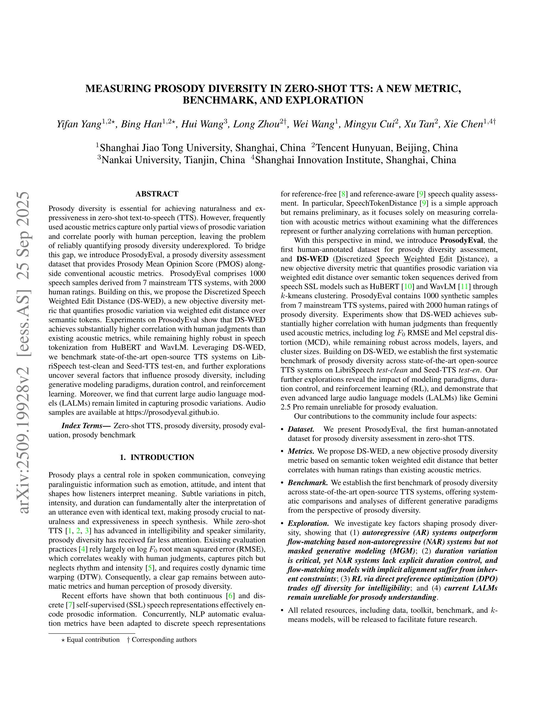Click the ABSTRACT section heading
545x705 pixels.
(x=157, y=194)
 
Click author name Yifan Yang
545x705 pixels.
(x=79, y=124)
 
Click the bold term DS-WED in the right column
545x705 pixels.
(x=312, y=259)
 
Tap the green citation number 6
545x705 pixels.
(x=231, y=596)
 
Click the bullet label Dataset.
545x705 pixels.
(x=301, y=429)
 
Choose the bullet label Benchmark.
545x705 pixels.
(x=308, y=483)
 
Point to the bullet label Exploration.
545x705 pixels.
(x=308, y=523)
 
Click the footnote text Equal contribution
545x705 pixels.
(x=93, y=640)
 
